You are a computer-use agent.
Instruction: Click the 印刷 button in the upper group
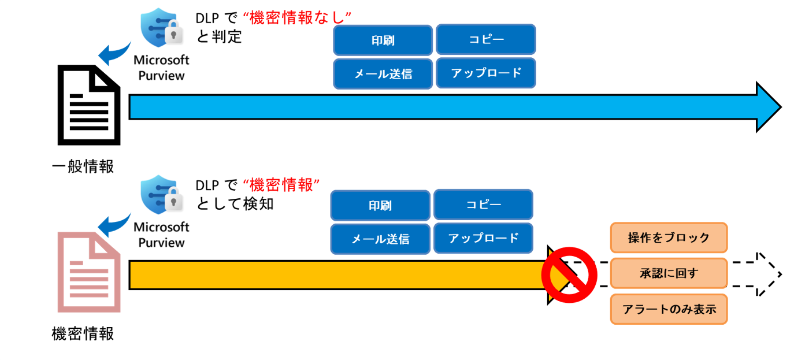383,40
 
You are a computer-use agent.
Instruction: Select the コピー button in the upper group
485,39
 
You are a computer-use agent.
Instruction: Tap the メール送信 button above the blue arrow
383,73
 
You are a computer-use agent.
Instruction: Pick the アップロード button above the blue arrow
485,73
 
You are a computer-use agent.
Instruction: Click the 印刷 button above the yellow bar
380,206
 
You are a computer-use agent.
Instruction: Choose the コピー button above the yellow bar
483,205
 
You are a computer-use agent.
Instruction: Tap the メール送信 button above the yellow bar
380,239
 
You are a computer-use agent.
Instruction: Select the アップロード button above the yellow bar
483,237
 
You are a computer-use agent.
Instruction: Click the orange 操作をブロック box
669,237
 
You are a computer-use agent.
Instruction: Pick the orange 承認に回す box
669,273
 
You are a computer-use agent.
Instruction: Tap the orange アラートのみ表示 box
669,309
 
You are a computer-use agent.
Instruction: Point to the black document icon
88,106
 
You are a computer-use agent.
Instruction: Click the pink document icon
88,272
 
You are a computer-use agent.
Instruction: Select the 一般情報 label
83,167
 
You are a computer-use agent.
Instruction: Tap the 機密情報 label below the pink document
83,333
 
